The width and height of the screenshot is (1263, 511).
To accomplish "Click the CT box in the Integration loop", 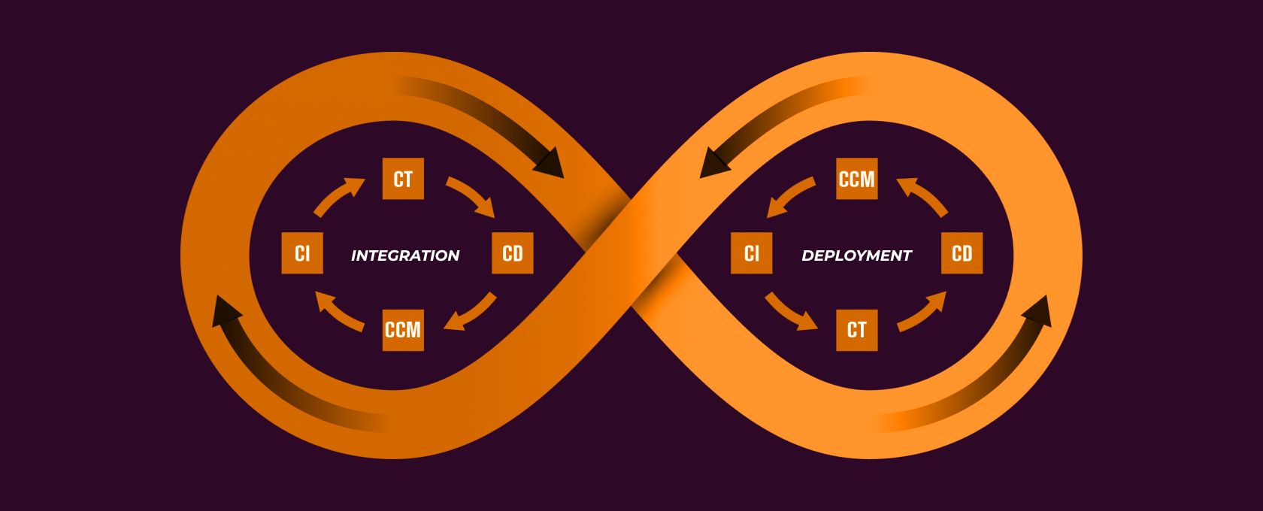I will click(403, 179).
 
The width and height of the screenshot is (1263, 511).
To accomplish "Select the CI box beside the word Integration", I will click(302, 253).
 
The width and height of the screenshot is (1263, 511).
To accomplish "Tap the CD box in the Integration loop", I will click(513, 253).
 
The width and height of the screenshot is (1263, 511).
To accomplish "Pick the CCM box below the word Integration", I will click(403, 330).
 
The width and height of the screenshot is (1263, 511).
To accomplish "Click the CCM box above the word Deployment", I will click(857, 179).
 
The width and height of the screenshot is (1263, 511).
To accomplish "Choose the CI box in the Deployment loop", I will click(752, 253).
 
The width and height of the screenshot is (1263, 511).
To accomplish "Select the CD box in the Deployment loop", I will click(962, 253).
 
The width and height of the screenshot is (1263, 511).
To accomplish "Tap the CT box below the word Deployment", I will click(857, 330).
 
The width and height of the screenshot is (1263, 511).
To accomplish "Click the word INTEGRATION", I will click(405, 255).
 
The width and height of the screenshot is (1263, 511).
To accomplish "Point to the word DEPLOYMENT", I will click(857, 255).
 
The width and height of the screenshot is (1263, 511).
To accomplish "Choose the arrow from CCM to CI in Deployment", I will click(789, 196).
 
